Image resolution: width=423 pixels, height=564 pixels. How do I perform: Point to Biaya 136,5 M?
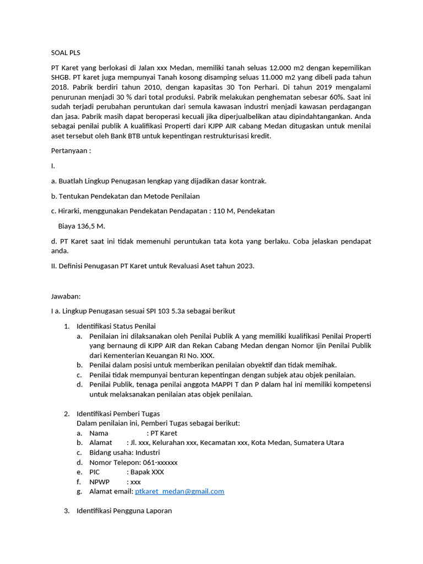click(82, 226)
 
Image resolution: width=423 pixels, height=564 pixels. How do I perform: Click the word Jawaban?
click(66, 296)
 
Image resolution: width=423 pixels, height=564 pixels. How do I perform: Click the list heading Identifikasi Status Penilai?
click(116, 326)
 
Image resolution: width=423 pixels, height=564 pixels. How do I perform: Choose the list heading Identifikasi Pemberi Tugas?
click(118, 414)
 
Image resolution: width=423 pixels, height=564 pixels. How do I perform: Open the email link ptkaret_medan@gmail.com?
click(180, 491)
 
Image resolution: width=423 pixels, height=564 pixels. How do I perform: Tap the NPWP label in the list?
click(100, 482)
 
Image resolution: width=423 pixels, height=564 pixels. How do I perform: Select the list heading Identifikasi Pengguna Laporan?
click(124, 511)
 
